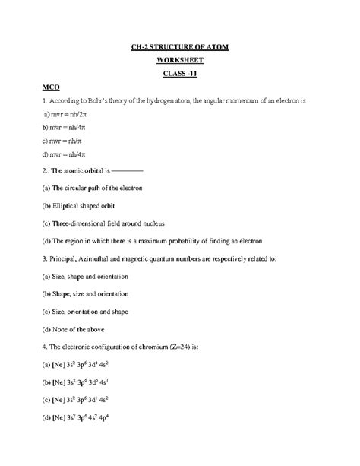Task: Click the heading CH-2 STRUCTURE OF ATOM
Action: tap(180, 47)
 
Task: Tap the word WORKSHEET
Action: tap(180, 60)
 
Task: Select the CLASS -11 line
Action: tap(180, 73)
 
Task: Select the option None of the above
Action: tap(70, 330)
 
